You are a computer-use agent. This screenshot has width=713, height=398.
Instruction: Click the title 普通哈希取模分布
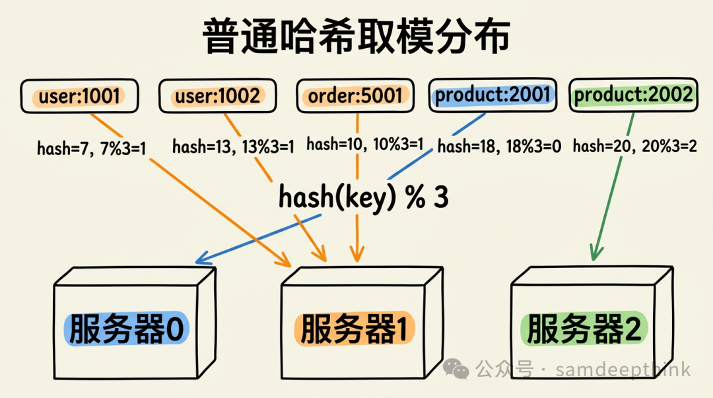pyautogui.click(x=356, y=37)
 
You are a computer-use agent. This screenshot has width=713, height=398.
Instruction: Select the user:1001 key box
pyautogui.click(x=80, y=96)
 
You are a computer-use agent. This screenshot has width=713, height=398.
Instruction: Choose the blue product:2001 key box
pyautogui.click(x=492, y=95)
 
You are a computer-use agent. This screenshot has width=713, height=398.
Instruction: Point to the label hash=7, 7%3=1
pyautogui.click(x=91, y=148)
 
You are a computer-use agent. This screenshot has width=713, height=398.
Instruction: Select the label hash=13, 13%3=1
pyautogui.click(x=233, y=147)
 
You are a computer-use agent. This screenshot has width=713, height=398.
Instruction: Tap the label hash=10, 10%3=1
pyautogui.click(x=364, y=144)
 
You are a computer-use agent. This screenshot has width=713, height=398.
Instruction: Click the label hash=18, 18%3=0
pyautogui.click(x=499, y=147)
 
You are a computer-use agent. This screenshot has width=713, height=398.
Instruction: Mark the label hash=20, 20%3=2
pyautogui.click(x=634, y=146)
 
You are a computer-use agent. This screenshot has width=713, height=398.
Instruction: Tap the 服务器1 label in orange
pyautogui.click(x=356, y=328)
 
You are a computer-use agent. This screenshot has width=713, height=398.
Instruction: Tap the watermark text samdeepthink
pyautogui.click(x=623, y=369)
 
